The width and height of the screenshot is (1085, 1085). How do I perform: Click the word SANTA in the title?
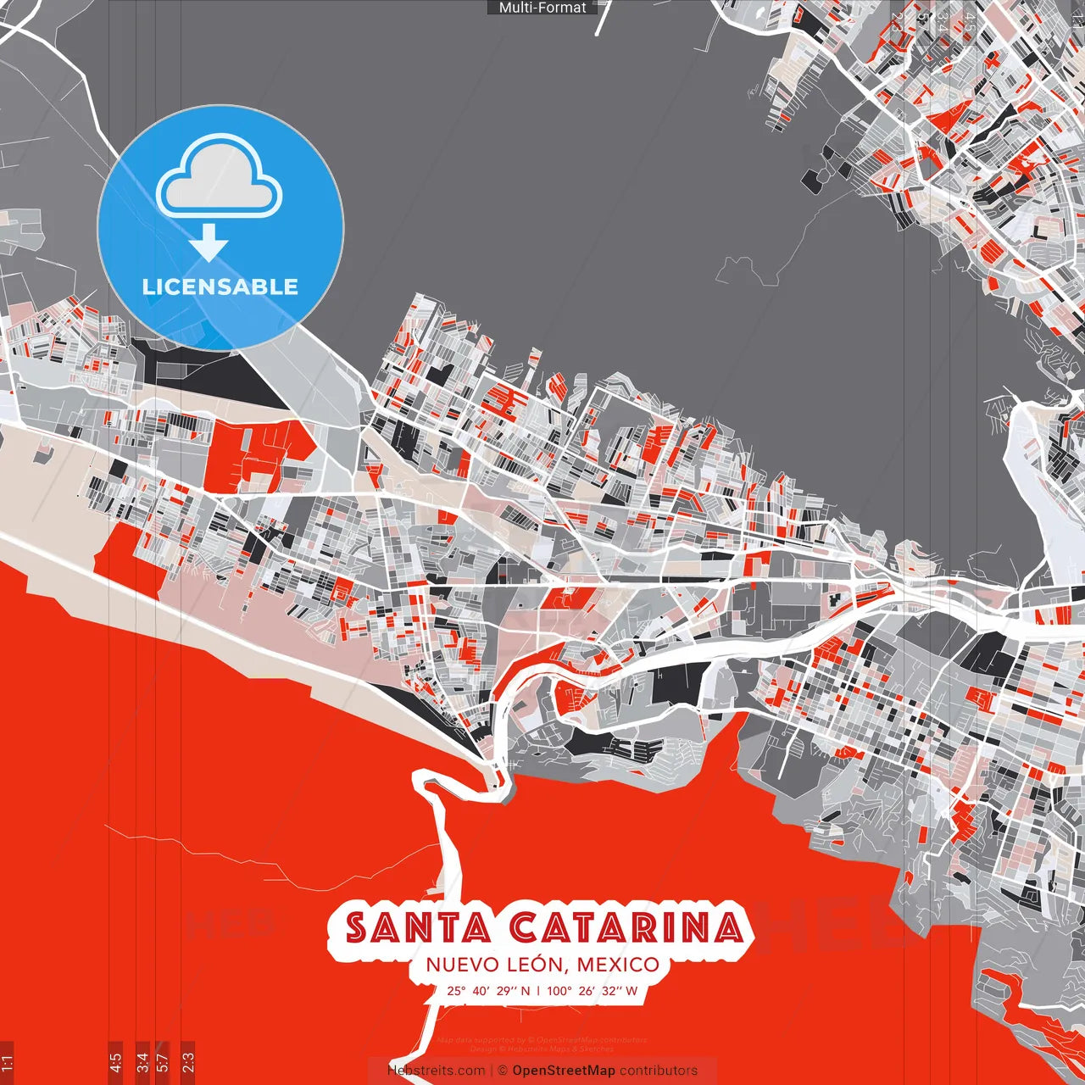tap(418, 927)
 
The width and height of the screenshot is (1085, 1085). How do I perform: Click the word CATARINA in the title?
tap(626, 927)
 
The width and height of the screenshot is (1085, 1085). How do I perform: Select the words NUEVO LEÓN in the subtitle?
tap(494, 965)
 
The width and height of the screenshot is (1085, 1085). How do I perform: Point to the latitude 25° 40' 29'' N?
tap(489, 990)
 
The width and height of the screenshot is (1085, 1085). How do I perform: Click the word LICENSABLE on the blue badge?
tap(220, 287)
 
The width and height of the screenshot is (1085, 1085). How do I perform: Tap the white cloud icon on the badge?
tap(220, 176)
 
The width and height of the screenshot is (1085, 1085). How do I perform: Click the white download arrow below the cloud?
tap(209, 244)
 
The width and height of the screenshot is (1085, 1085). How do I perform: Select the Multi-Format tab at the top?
tap(542, 8)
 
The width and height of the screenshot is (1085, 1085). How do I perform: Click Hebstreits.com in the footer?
tap(436, 1071)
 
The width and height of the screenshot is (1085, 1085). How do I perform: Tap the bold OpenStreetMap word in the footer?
tap(564, 1071)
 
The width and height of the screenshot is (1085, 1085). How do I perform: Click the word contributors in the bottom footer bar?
tap(659, 1071)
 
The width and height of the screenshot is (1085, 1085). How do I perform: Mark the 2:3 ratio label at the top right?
tap(897, 20)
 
